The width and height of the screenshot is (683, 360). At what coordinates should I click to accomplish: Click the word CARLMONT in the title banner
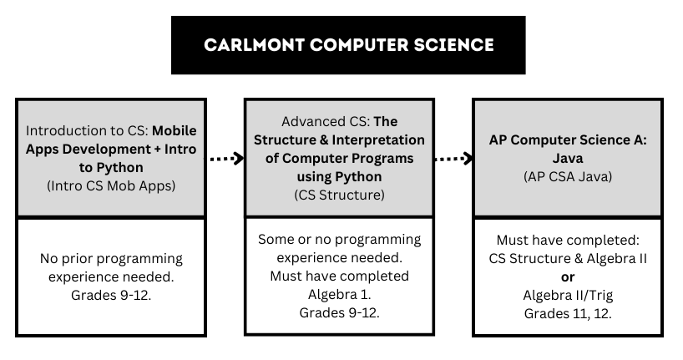click(255, 45)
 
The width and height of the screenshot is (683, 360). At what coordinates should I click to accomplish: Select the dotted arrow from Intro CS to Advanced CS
click(226, 158)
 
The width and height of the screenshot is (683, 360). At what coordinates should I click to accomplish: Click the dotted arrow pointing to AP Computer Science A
click(453, 158)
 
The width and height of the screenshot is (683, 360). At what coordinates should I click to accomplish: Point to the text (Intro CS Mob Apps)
click(111, 185)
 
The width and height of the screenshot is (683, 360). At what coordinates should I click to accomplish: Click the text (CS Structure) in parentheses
click(339, 195)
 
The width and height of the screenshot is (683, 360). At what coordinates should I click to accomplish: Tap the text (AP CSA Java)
click(568, 176)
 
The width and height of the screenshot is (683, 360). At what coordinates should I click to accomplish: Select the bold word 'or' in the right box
click(568, 277)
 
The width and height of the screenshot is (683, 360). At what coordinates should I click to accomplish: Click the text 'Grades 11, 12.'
click(568, 313)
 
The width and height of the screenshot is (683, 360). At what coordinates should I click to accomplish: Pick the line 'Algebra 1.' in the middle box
click(339, 295)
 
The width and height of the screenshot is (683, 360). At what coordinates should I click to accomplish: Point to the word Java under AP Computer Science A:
click(568, 158)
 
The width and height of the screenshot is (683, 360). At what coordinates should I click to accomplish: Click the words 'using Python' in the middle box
click(339, 177)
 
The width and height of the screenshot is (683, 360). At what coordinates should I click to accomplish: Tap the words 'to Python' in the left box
click(111, 168)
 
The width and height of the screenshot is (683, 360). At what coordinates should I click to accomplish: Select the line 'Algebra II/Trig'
click(568, 296)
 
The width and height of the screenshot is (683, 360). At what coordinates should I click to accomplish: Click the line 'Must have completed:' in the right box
click(568, 241)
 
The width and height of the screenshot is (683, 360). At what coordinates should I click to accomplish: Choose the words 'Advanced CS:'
click(326, 122)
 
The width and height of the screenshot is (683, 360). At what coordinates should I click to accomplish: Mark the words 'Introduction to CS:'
click(87, 131)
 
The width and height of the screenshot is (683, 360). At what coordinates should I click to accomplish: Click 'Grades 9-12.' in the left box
click(111, 296)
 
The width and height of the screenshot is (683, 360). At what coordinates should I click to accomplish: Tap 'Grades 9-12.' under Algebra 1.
click(339, 313)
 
